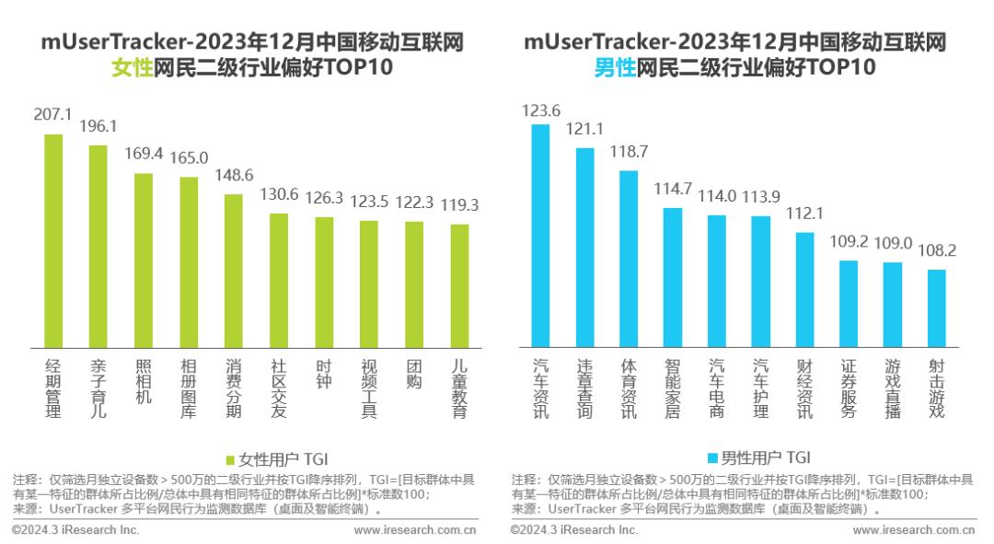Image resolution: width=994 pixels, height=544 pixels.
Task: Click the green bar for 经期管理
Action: tap(53, 241)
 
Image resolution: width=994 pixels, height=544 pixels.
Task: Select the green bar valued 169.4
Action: tap(144, 260)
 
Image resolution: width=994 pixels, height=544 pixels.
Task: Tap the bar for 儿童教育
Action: tap(459, 285)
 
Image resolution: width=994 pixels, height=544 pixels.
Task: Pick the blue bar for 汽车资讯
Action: tap(540, 236)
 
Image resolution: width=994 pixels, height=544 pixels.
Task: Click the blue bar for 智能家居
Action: tap(673, 277)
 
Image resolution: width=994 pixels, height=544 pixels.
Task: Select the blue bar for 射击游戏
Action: tap(936, 308)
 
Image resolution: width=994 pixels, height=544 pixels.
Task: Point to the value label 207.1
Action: tap(53, 114)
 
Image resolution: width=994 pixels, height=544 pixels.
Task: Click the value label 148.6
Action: tap(234, 174)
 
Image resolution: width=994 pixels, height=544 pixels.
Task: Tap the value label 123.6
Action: tap(540, 110)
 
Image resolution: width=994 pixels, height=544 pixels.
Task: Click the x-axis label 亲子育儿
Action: tap(98, 388)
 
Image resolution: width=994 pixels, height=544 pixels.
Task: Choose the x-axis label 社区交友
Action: tap(279, 388)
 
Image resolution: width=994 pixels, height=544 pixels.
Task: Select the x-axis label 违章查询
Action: tap(584, 388)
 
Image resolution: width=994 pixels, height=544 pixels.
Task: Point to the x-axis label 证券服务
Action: tap(850, 388)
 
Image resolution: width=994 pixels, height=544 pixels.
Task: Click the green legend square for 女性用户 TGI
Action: tap(230, 457)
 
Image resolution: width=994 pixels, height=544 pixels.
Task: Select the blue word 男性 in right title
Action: tap(615, 67)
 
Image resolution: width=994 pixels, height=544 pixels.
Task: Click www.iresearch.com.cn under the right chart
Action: tap(914, 530)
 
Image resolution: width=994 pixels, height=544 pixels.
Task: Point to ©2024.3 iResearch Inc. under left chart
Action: tap(75, 530)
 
